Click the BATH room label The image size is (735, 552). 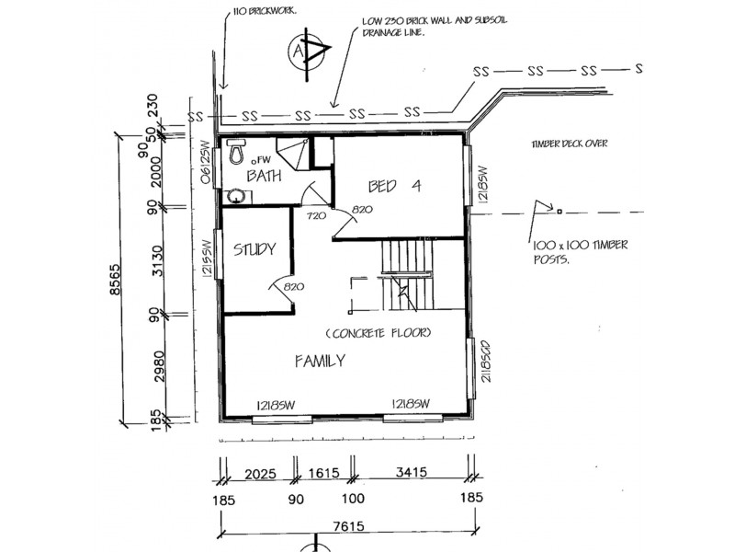[x=264, y=176]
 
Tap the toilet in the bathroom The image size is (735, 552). [x=236, y=151]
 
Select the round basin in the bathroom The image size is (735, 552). [x=237, y=196]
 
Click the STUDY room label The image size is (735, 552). [x=254, y=249]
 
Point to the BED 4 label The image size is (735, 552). [x=395, y=187]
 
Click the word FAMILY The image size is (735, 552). [x=320, y=361]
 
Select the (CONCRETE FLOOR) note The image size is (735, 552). [x=379, y=333]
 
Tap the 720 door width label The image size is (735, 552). [x=316, y=216]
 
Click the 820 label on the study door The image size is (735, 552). [x=293, y=286]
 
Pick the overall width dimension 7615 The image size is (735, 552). [x=348, y=526]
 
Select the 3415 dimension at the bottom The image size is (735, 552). [x=411, y=471]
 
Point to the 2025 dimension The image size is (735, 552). [x=260, y=474]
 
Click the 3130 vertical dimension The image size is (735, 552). [x=159, y=261]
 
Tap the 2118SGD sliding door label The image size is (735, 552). [x=486, y=360]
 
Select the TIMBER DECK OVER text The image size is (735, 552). [x=569, y=144]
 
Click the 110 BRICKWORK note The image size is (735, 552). [x=265, y=10]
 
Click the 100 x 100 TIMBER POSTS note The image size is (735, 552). [x=581, y=252]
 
